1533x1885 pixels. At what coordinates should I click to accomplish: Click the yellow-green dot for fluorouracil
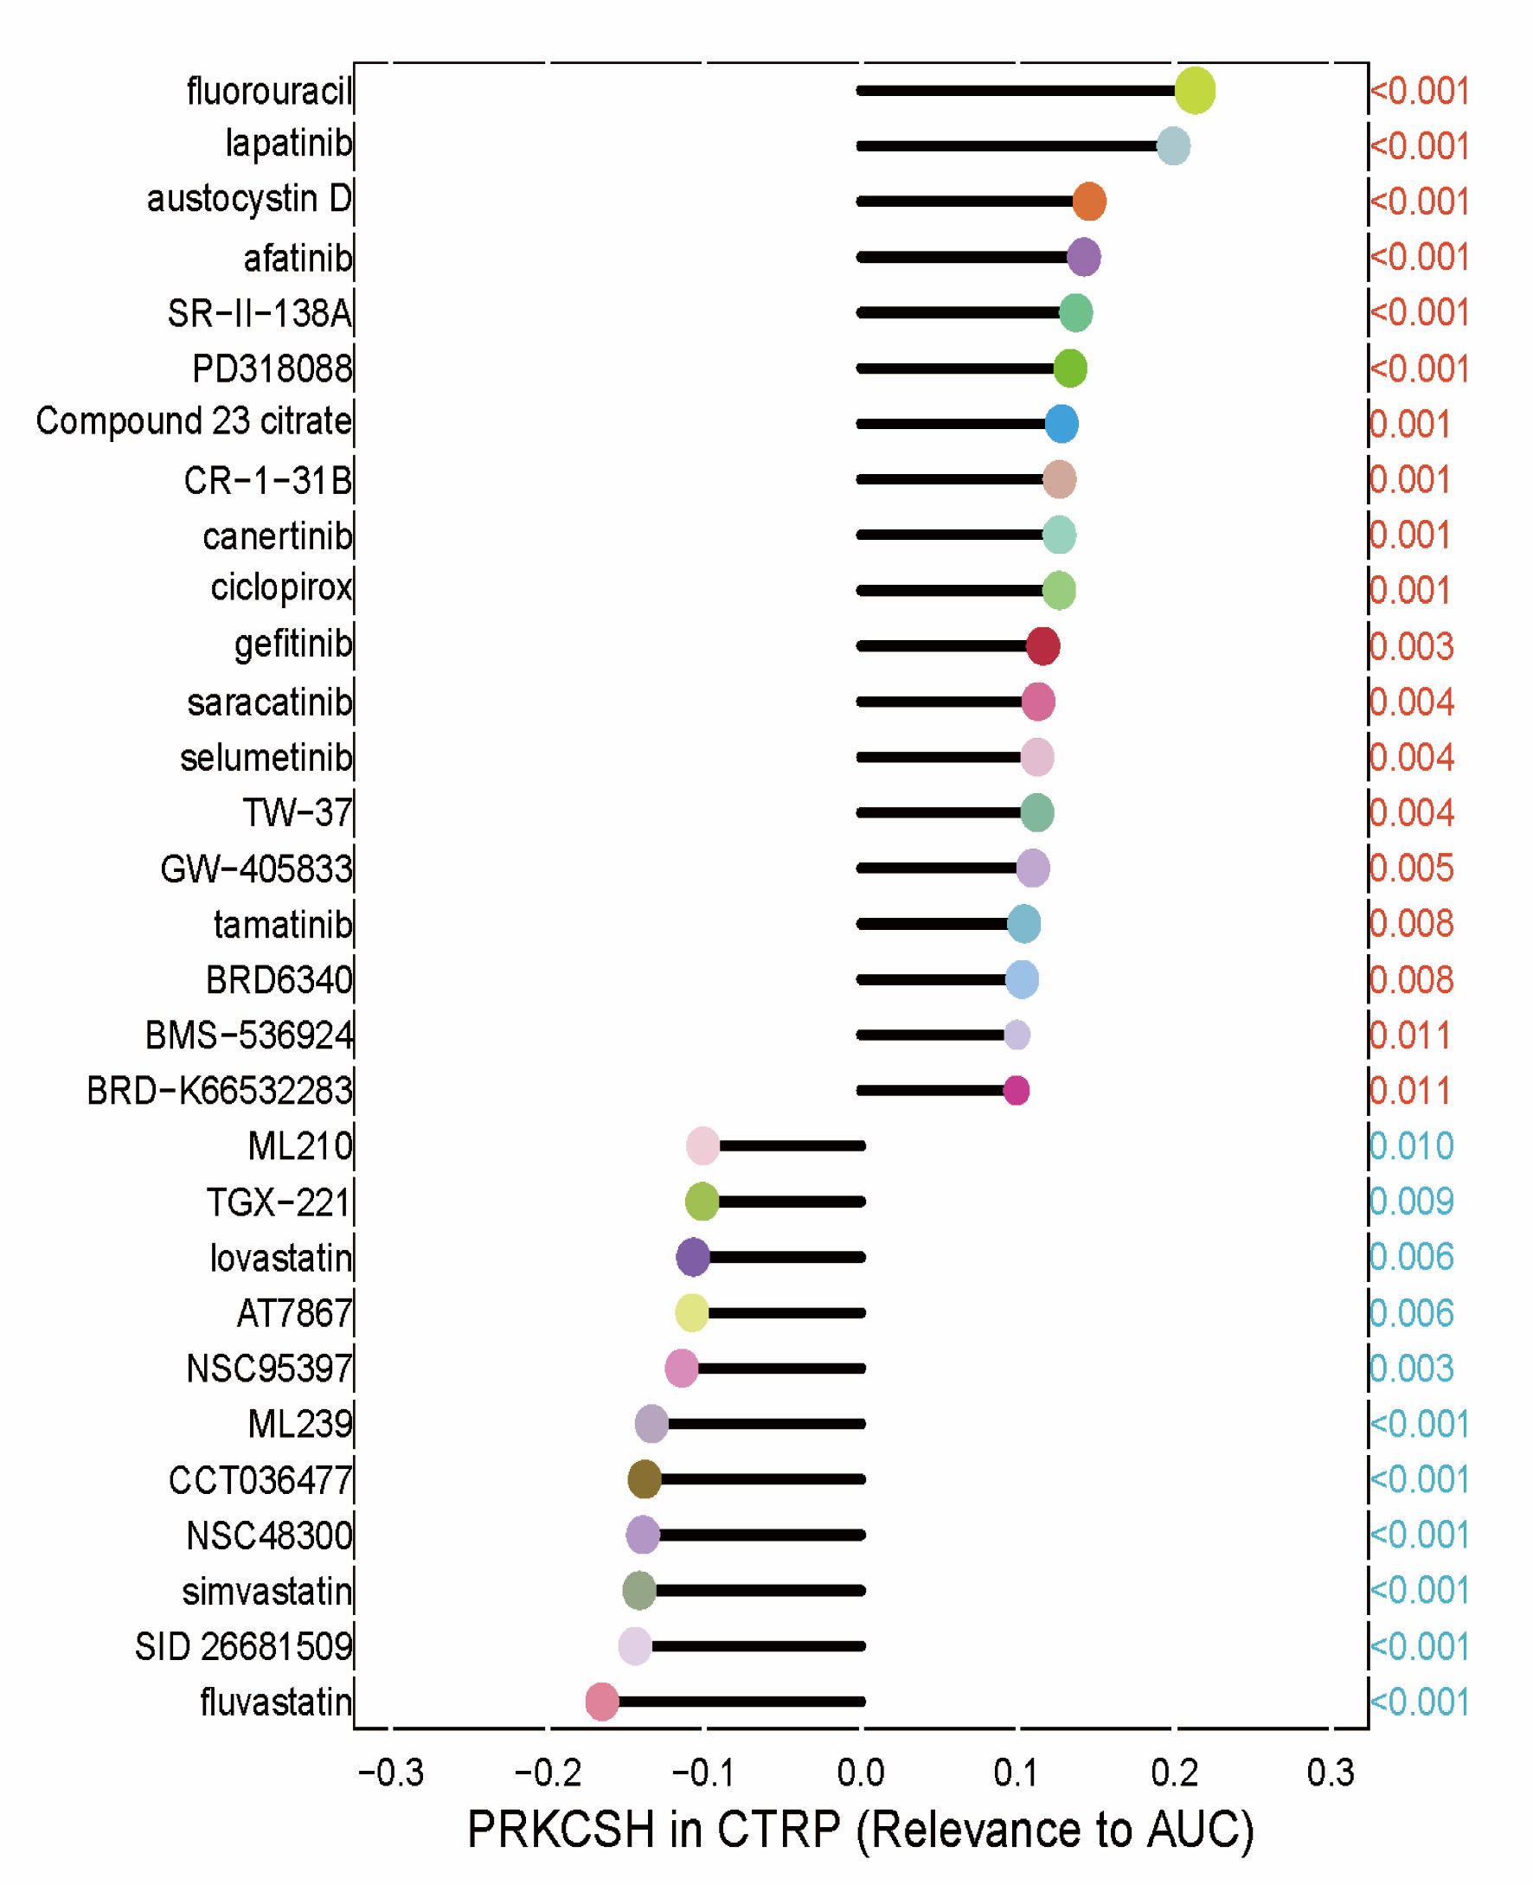tap(1194, 90)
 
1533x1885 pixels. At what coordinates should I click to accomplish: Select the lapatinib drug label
tap(288, 143)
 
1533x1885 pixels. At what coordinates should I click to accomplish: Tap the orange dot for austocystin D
tap(1089, 202)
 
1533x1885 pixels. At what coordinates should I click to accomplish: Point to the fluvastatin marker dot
tap(601, 1702)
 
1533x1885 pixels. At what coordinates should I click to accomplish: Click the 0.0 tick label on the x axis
tap(860, 1772)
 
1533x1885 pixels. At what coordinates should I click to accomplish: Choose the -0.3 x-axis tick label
tap(390, 1772)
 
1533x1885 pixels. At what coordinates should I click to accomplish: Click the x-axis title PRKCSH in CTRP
tap(860, 1830)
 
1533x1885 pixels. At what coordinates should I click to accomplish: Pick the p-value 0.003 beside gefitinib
tap(1411, 646)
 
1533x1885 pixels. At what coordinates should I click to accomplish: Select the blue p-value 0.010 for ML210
tap(1411, 1146)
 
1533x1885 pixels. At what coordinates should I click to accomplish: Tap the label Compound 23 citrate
tap(194, 421)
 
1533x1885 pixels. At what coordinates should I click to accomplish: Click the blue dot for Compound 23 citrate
tap(1062, 424)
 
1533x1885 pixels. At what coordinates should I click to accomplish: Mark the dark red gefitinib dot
tap(1042, 646)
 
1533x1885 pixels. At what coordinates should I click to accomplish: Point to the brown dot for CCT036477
tap(645, 1479)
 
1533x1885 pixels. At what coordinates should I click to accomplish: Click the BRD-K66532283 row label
tap(219, 1091)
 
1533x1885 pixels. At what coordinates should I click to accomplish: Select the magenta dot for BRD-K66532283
tap(1017, 1090)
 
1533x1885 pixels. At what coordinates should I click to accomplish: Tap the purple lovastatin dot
tap(693, 1256)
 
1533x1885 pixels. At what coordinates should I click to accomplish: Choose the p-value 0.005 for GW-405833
tap(1411, 868)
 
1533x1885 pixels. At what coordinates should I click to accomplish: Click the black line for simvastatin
tap(760, 1590)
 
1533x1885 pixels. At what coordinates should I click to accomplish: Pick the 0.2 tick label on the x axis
tap(1174, 1772)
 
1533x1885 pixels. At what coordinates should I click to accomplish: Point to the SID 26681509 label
tap(243, 1646)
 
